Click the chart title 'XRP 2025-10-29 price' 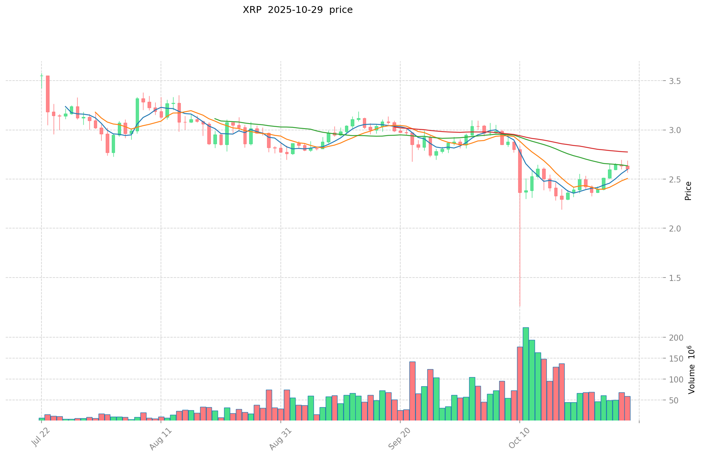[298, 10]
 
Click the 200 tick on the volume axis [654, 338]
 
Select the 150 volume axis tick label [654, 359]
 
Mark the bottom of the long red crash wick [520, 306]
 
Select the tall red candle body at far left [48, 94]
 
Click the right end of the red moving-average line [627, 152]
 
